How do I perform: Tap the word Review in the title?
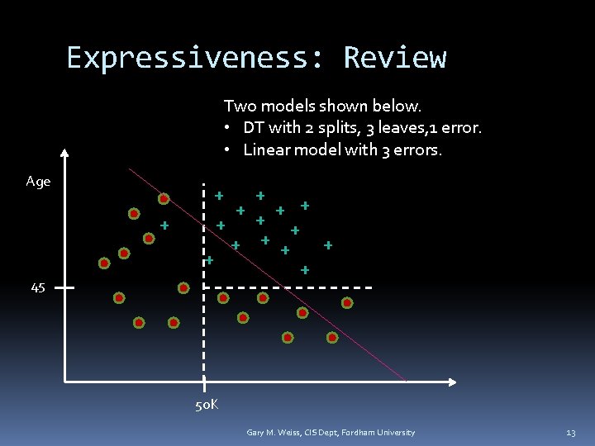(395, 58)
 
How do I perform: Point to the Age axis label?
(38, 182)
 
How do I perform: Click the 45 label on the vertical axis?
(38, 287)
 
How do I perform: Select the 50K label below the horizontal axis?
(207, 405)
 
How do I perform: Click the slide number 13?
(570, 433)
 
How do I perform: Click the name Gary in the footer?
(255, 433)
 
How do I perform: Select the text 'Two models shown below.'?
(322, 106)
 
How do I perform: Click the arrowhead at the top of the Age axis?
(65, 153)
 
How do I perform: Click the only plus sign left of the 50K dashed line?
(164, 225)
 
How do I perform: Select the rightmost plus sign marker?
(328, 244)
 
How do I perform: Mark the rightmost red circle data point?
(347, 303)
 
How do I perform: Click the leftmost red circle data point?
(104, 263)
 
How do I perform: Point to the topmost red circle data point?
(164, 198)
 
